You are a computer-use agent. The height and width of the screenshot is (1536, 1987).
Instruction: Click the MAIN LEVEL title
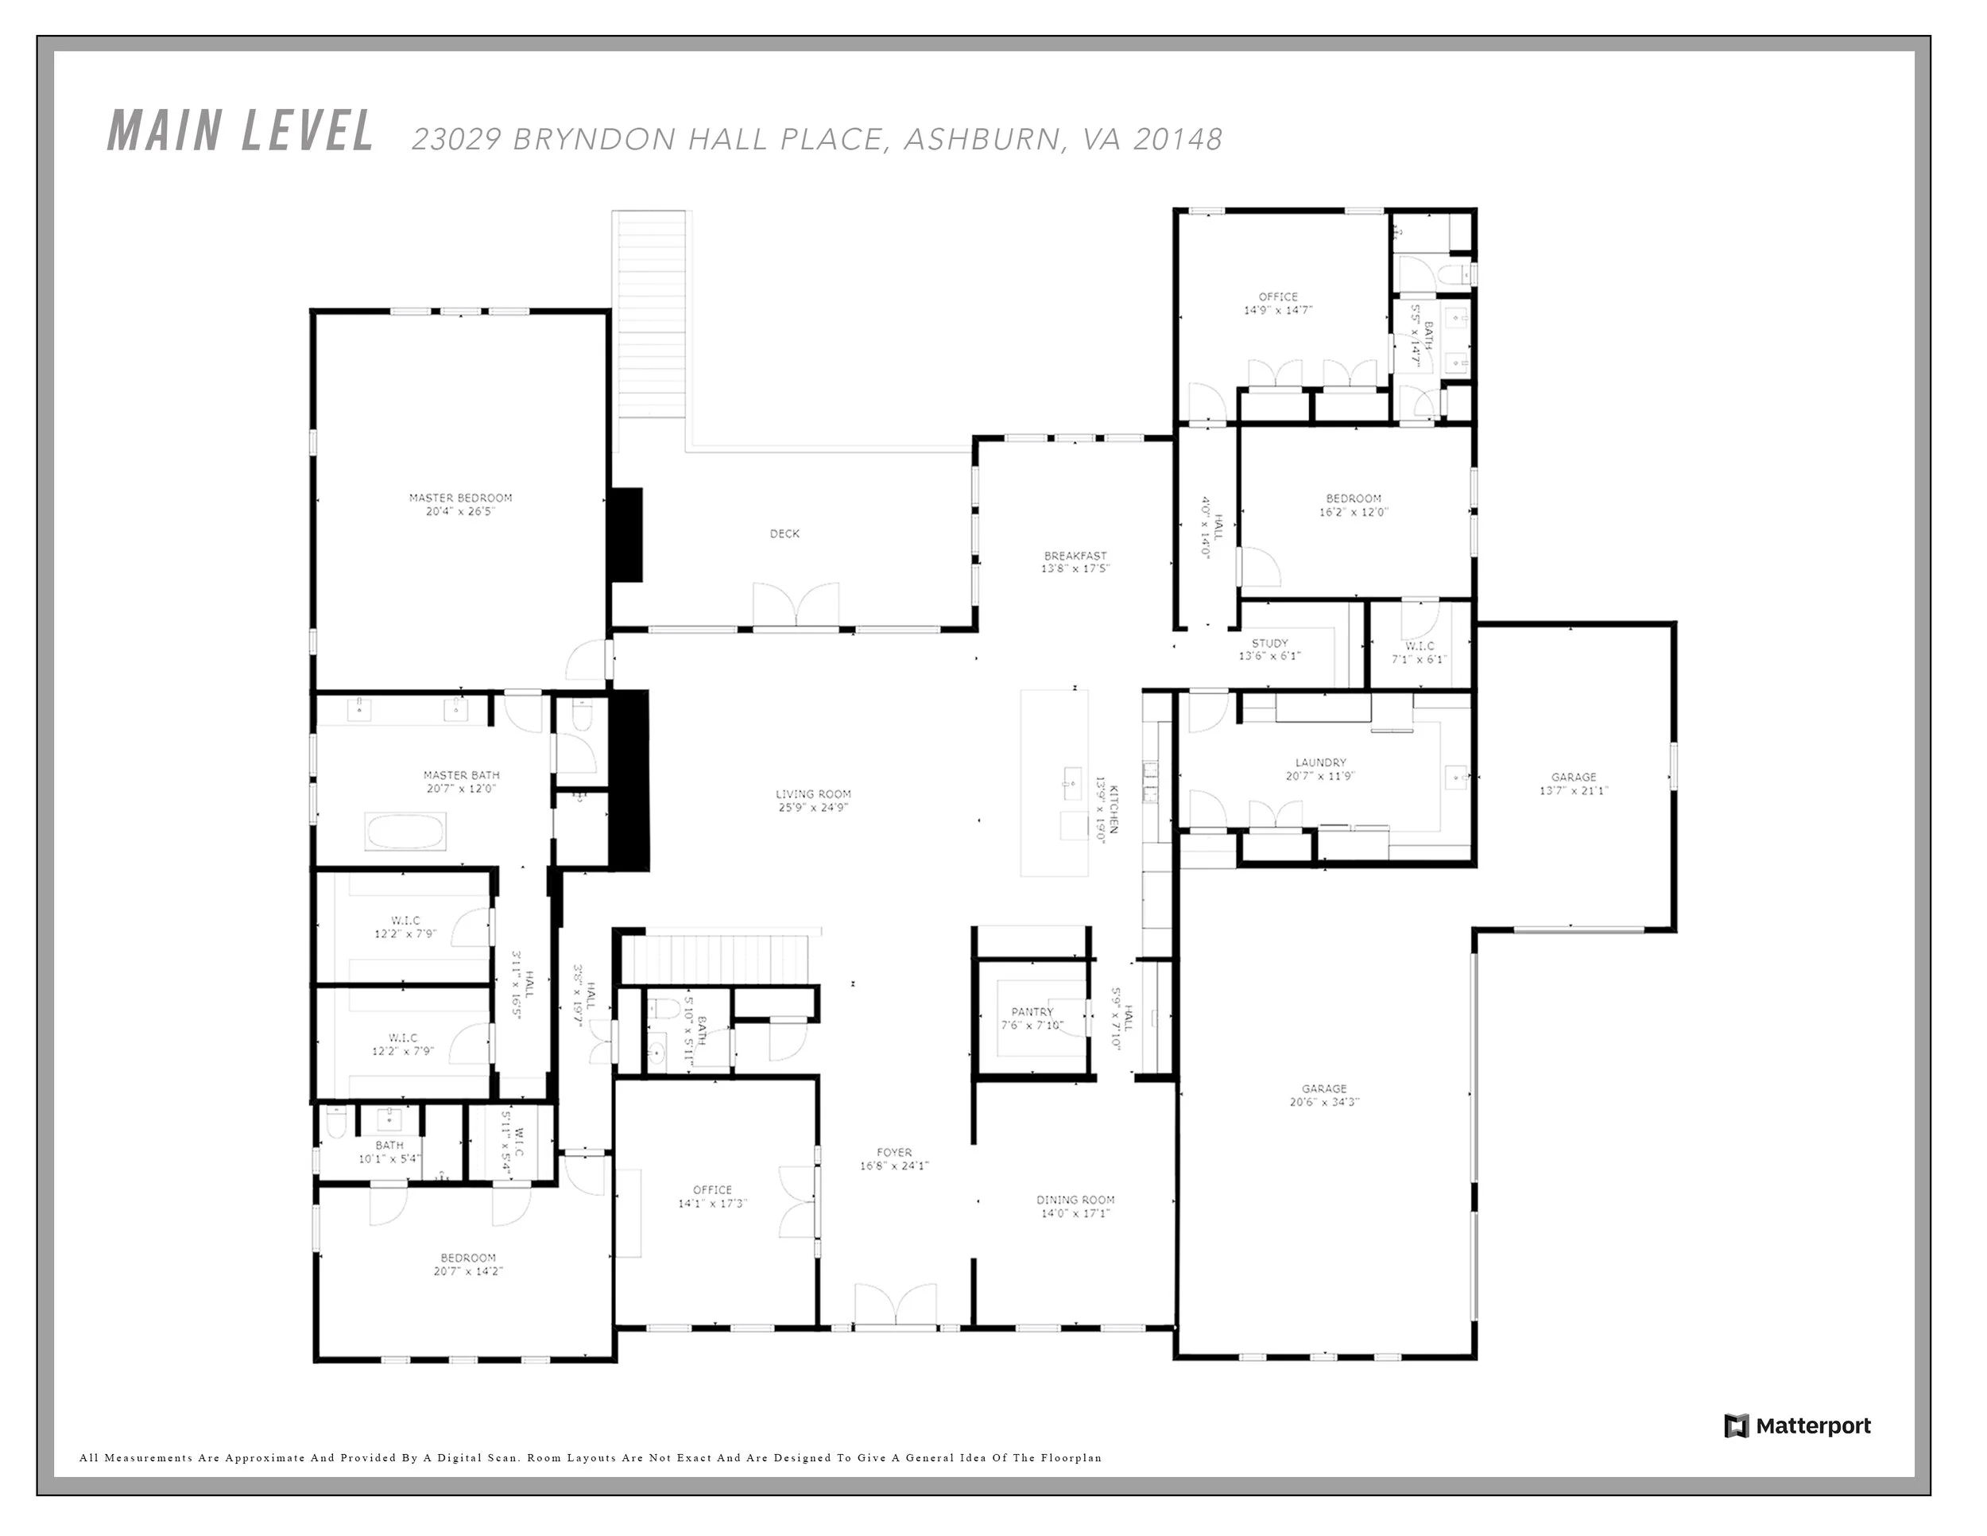[240, 131]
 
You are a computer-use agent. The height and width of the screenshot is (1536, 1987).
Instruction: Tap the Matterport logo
[1797, 1426]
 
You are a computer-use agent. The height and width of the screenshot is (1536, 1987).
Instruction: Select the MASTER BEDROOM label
[460, 498]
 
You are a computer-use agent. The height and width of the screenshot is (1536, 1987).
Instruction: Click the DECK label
[784, 533]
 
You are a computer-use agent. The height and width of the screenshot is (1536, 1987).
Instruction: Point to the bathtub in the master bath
[406, 832]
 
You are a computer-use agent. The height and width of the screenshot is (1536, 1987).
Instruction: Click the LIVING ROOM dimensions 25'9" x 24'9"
[813, 807]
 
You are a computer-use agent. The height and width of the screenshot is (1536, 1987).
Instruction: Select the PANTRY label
[1032, 1011]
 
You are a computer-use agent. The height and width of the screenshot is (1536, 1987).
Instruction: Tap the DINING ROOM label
[1075, 1200]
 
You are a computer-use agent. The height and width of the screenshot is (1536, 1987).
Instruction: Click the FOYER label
[894, 1152]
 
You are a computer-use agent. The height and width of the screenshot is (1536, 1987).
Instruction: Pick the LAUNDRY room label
[1320, 762]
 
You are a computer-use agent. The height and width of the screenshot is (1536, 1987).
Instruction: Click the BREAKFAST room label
[1075, 555]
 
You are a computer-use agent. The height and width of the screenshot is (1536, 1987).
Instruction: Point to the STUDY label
[1269, 643]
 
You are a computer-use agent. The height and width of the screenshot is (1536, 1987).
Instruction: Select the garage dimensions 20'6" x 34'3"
[1324, 1102]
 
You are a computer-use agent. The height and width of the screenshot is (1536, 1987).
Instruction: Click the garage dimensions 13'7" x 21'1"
[1574, 791]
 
